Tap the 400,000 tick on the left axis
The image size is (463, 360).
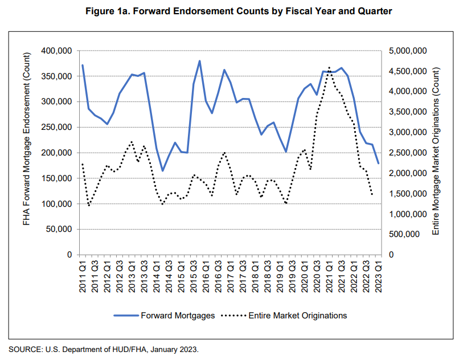[55, 51]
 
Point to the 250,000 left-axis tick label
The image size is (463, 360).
[55, 128]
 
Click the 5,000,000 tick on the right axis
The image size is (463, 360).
[408, 51]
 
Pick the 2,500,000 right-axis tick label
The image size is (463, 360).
[408, 153]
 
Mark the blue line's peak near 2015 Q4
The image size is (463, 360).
[200, 61]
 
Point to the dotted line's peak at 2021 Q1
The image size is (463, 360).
[329, 67]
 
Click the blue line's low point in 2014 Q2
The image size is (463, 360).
[162, 171]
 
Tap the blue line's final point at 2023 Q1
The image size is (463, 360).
[378, 163]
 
